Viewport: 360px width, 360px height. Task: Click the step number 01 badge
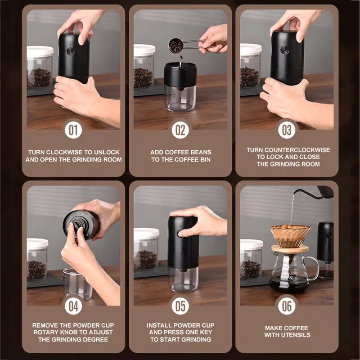pyautogui.click(x=73, y=130)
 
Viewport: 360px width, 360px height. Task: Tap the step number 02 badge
pyautogui.click(x=180, y=130)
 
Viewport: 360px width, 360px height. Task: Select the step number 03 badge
pyautogui.click(x=287, y=130)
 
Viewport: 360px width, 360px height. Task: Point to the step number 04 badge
pyautogui.click(x=73, y=306)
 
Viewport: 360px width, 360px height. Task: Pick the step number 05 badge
pyautogui.click(x=180, y=306)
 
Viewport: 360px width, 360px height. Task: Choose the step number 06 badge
pyautogui.click(x=287, y=306)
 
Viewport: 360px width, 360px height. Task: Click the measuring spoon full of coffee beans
pyautogui.click(x=176, y=45)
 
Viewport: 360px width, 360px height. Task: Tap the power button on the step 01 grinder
pyautogui.click(x=71, y=51)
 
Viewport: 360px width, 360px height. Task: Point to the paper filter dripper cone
pyautogui.click(x=290, y=235)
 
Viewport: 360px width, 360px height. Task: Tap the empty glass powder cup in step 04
pyautogui.click(x=76, y=284)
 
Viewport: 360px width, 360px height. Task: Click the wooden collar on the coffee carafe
pyautogui.click(x=290, y=248)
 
